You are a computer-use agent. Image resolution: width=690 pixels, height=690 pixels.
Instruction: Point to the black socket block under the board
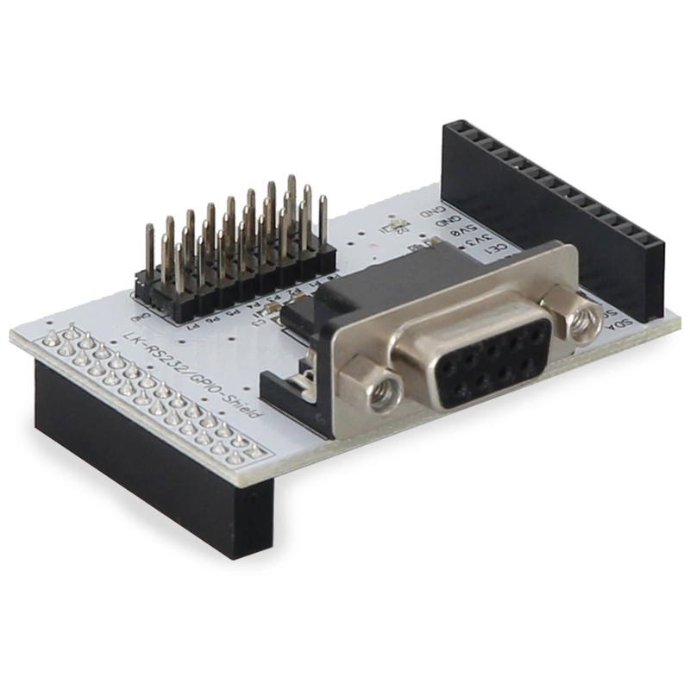[x=147, y=466]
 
